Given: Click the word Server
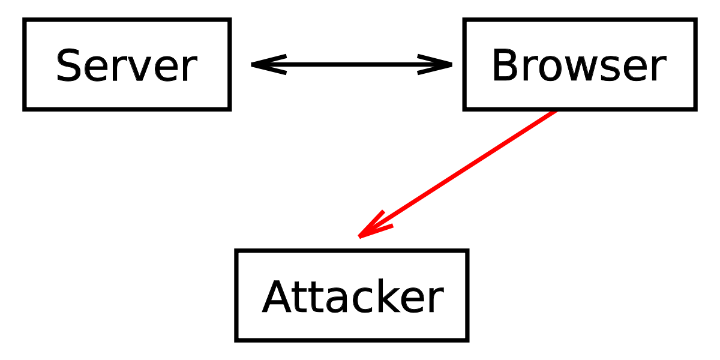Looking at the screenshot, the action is (x=127, y=65).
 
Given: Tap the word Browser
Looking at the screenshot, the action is (x=579, y=65).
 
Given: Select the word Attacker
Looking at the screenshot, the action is (x=353, y=296).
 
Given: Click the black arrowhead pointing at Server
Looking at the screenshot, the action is (x=269, y=65).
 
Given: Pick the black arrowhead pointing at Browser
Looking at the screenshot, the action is (x=434, y=65).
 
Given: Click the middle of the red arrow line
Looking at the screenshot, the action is (x=457, y=173).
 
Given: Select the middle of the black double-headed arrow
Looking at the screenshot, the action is (x=352, y=65).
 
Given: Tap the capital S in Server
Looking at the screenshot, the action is (x=67, y=65).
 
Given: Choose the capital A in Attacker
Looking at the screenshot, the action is (x=277, y=296).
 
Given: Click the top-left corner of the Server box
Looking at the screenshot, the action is (x=24, y=20).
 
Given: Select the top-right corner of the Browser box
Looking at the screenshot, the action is (x=695, y=20).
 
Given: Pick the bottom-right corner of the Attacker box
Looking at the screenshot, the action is (x=467, y=340).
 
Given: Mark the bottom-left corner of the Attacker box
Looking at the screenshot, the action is (x=236, y=340).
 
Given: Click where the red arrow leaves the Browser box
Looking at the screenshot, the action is (x=556, y=111).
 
